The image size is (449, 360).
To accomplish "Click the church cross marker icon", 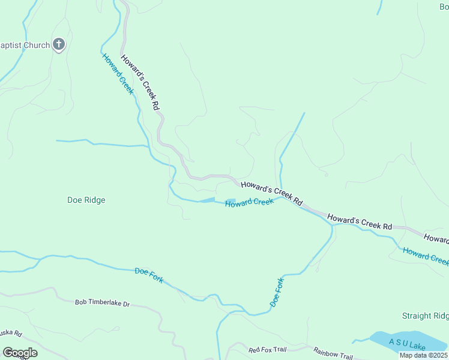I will (x=59, y=44).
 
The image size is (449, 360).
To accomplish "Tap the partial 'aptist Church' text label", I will (x=25, y=44).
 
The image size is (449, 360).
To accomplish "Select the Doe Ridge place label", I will (x=86, y=200).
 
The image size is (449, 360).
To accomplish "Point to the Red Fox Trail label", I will (x=268, y=350).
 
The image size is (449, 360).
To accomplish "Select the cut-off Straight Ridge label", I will (x=425, y=316).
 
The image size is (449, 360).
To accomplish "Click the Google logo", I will (x=20, y=353).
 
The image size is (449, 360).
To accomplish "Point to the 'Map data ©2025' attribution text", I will (x=423, y=355).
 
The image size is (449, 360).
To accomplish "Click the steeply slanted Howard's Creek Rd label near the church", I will (x=140, y=82).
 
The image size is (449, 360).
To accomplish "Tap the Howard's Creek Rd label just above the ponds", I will (x=271, y=193).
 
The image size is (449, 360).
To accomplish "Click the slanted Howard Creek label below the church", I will (x=118, y=74).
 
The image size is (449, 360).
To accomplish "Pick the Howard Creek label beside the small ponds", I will (x=249, y=203).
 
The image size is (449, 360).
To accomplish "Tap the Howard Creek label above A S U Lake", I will (x=426, y=256).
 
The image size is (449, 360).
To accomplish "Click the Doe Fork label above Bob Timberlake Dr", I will (x=149, y=276).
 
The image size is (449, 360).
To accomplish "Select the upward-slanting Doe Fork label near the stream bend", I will (x=277, y=293).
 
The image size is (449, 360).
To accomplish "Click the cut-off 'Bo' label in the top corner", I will (x=443, y=7).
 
